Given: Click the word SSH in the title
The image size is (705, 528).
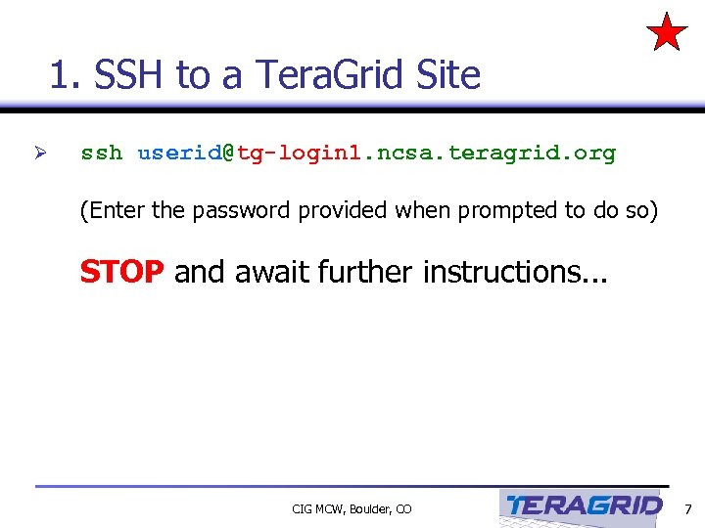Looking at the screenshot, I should pos(129,74).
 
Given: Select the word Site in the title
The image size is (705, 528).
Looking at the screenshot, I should pos(446,74).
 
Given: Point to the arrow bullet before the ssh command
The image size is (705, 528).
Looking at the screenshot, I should pos(40,154).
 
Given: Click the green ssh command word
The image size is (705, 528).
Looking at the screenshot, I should pos(101,154).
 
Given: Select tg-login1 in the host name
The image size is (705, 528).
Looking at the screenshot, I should pos(299,154).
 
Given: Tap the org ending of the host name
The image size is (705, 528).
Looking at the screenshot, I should pos(594,154).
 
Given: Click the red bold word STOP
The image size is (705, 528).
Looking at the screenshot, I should pos(121,271).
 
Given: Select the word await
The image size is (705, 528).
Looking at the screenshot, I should pos(270,271).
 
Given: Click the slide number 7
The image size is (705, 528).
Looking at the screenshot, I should pos(687,508).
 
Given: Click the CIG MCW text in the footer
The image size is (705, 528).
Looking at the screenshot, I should pos(313,509).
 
